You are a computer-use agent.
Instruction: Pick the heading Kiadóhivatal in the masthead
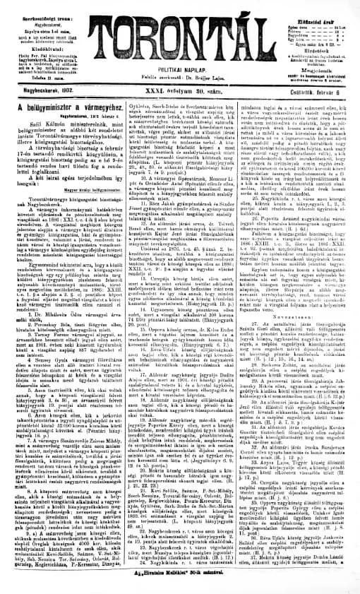34,32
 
